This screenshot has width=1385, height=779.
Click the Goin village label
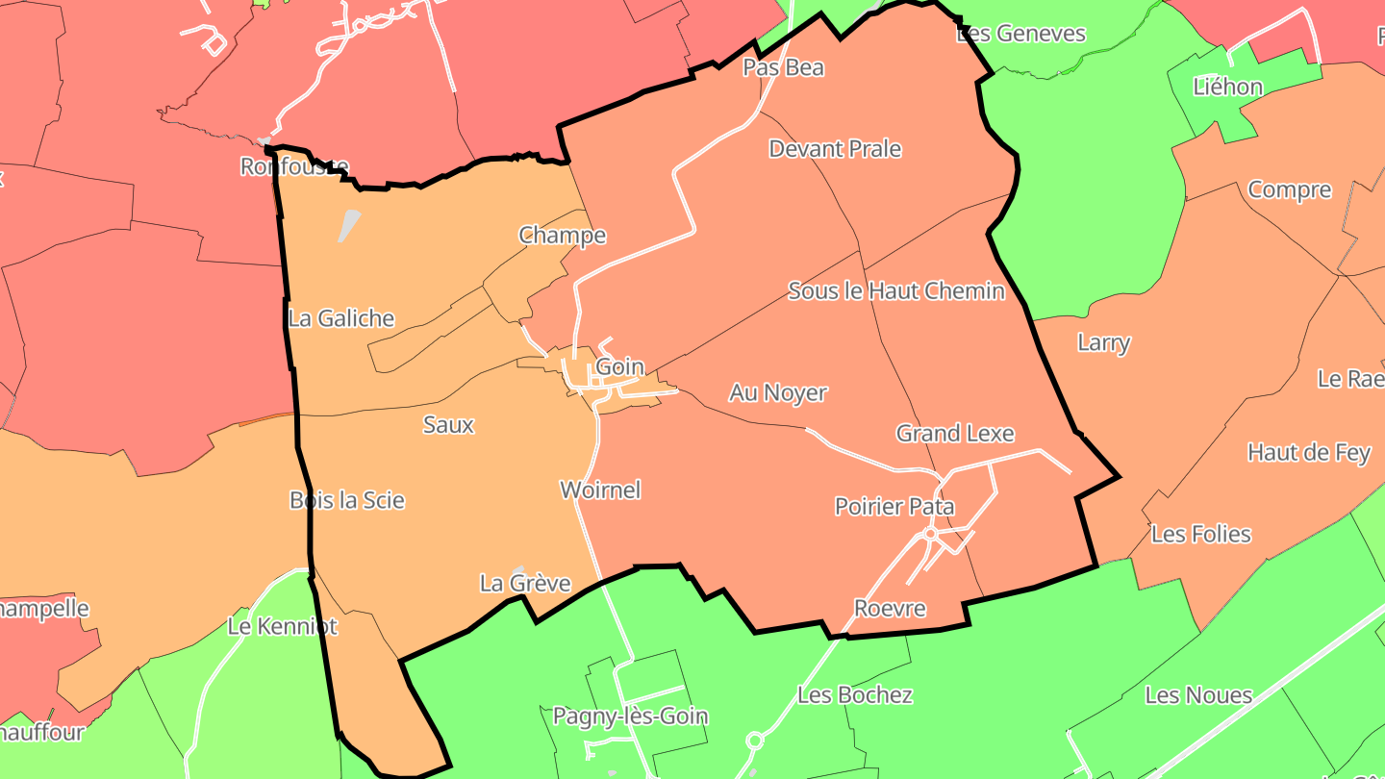click(619, 366)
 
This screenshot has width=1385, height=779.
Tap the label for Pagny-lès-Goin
click(630, 716)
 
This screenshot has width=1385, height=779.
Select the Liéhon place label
click(1227, 87)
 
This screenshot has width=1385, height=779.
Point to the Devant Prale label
click(835, 149)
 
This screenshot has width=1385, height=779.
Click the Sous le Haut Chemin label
click(895, 290)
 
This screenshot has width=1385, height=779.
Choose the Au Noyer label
click(778, 392)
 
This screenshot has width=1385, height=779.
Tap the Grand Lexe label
click(955, 434)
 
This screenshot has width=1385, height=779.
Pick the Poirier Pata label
click(894, 507)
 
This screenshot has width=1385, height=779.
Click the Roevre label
click(890, 608)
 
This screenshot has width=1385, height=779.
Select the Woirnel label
click(600, 490)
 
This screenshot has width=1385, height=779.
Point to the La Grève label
click(525, 584)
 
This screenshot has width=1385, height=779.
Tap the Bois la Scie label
click(347, 500)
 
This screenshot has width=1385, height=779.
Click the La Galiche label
click(341, 318)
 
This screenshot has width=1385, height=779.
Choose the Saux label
click(448, 424)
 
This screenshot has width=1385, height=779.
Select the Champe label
click(563, 236)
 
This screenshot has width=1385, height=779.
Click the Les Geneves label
click(1020, 34)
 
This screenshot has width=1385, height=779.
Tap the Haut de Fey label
click(1308, 452)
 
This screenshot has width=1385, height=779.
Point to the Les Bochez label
click(855, 694)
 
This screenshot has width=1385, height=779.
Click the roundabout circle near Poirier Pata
click(930, 533)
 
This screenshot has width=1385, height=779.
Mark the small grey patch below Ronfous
click(350, 226)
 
